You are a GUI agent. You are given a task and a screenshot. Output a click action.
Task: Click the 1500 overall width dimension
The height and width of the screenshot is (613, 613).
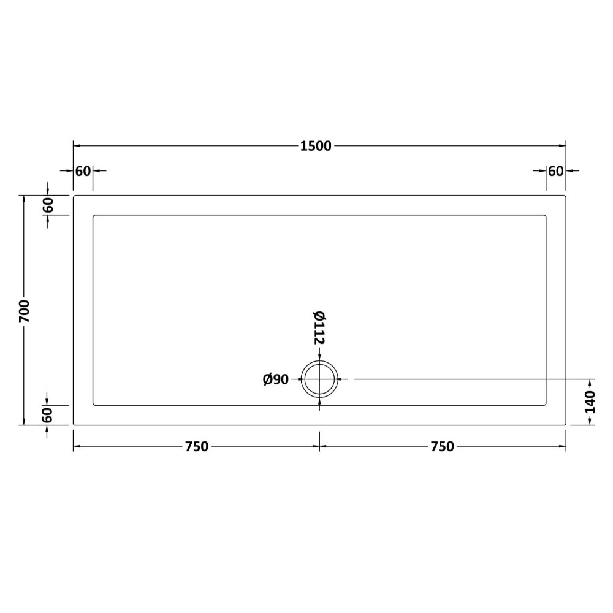316,146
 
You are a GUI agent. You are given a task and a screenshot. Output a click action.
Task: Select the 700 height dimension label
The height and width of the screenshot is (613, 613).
25,311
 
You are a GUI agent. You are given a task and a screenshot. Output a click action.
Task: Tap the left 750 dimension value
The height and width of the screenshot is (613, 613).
197,446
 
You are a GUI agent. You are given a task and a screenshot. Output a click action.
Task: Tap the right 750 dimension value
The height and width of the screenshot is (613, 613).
442,446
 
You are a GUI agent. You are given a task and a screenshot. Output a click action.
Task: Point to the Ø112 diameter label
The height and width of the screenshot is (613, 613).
319,327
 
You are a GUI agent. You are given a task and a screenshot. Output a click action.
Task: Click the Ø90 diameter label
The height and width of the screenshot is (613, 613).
276,379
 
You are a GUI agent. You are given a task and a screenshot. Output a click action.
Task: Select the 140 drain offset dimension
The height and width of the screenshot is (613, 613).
589,402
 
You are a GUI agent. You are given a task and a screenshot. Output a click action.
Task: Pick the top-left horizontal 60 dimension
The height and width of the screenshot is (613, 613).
83,171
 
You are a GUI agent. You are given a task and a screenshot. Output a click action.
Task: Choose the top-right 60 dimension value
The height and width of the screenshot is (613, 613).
555,171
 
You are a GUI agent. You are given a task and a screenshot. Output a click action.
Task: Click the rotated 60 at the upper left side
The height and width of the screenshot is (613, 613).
47,205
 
